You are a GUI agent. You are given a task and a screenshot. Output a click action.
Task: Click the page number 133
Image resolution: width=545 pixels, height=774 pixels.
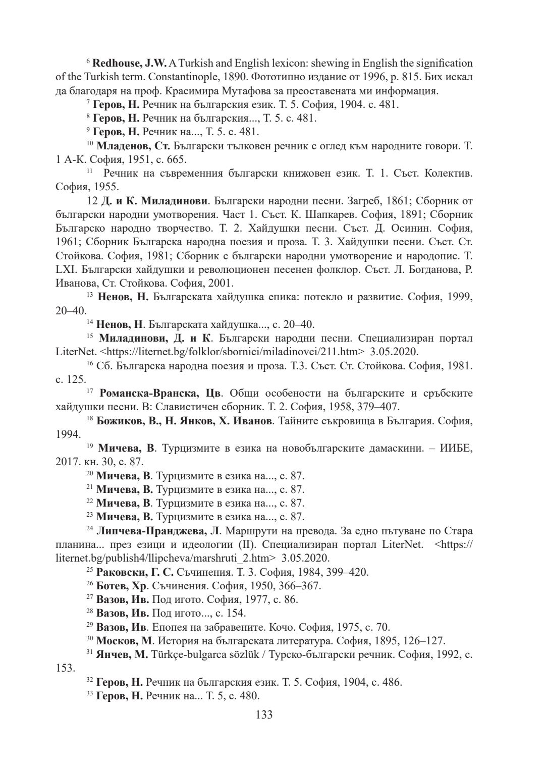264,714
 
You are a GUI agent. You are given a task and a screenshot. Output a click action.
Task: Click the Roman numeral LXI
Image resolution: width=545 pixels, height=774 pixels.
66,268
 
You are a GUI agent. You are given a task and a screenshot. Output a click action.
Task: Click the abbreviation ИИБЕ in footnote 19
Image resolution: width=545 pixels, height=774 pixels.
456,448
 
